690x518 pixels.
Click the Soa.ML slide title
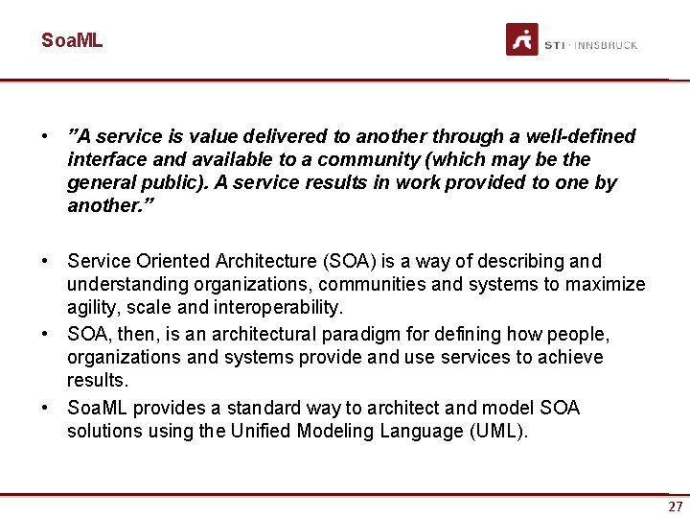coord(71,40)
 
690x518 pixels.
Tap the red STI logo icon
coord(522,39)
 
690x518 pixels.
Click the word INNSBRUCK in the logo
coord(606,45)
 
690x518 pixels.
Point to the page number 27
coord(676,506)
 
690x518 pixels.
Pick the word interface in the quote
coord(105,159)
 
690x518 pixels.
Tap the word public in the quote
coord(158,182)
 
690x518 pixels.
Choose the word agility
coord(89,307)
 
